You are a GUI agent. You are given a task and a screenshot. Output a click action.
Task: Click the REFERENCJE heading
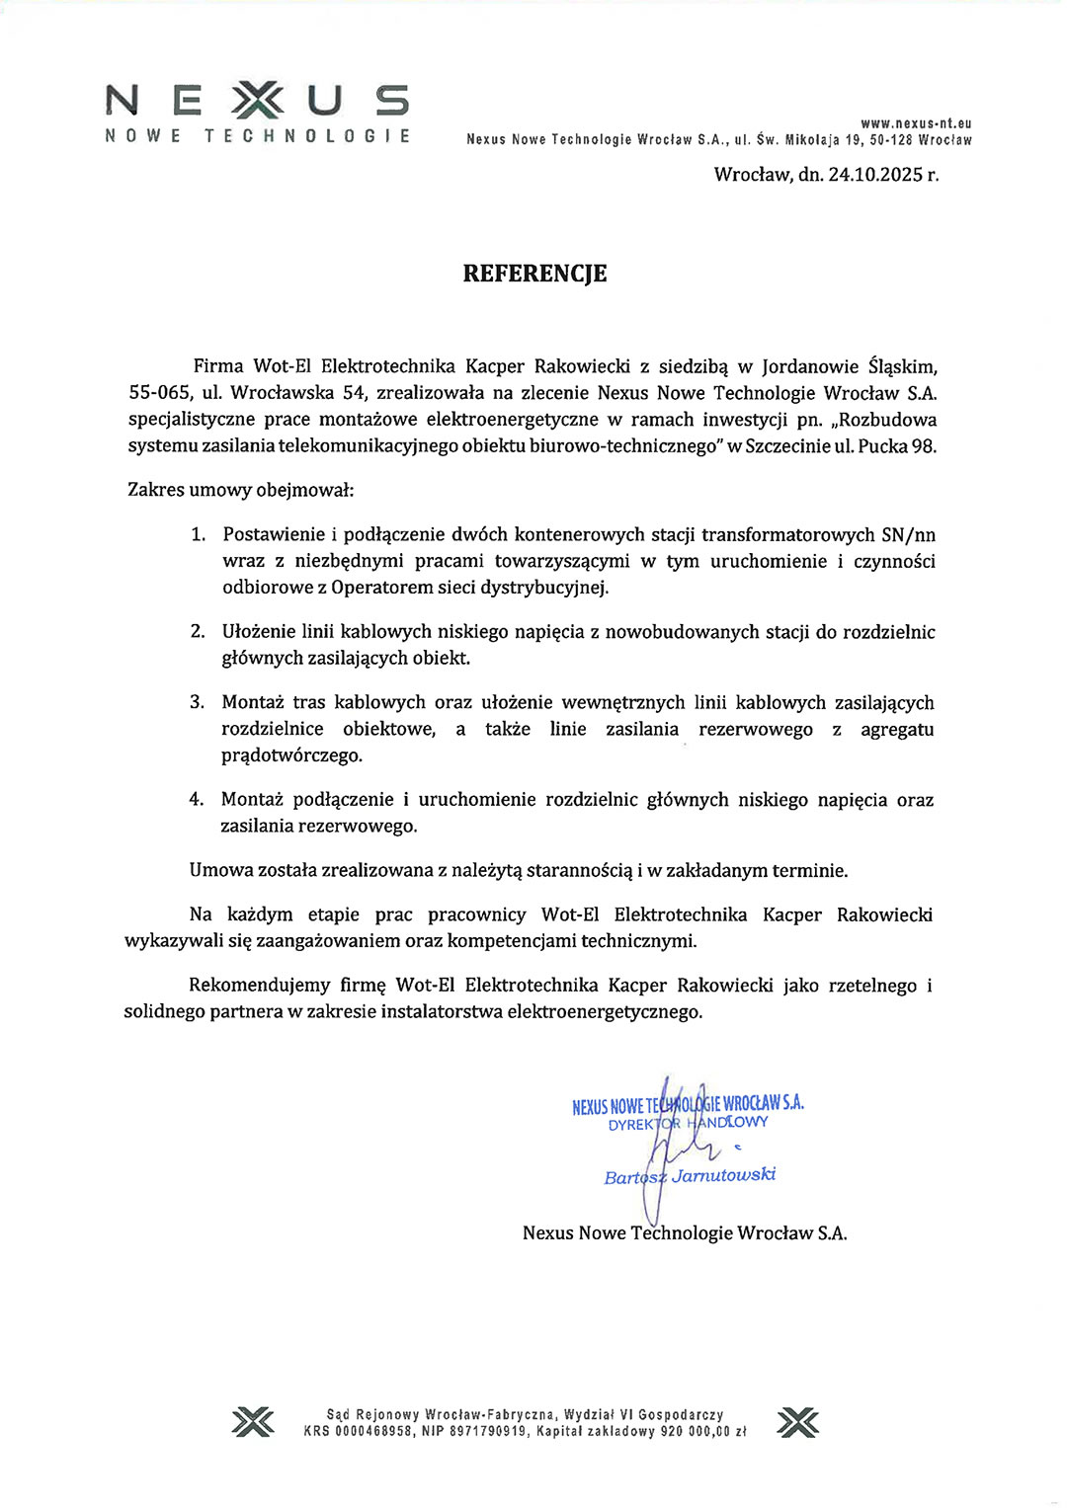(534, 274)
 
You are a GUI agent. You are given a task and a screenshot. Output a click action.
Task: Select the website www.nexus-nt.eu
(916, 123)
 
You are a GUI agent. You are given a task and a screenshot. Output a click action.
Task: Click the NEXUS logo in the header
(257, 103)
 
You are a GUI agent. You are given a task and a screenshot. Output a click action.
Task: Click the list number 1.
(198, 534)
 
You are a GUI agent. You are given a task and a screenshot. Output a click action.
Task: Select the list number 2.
(198, 632)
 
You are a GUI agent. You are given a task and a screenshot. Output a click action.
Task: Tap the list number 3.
(198, 702)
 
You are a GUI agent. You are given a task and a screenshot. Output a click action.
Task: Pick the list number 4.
(197, 800)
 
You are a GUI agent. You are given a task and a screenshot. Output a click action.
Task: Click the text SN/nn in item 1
(908, 535)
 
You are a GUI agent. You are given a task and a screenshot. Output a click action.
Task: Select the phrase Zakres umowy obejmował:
(240, 490)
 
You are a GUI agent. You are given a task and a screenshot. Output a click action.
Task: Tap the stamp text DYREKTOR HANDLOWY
(688, 1124)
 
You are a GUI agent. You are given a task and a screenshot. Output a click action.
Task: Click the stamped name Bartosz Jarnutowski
(690, 1175)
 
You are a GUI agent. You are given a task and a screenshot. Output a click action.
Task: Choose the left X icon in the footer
(253, 1422)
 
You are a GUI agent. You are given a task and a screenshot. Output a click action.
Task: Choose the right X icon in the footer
(797, 1422)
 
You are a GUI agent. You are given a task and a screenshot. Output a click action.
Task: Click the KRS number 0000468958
(373, 1431)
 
